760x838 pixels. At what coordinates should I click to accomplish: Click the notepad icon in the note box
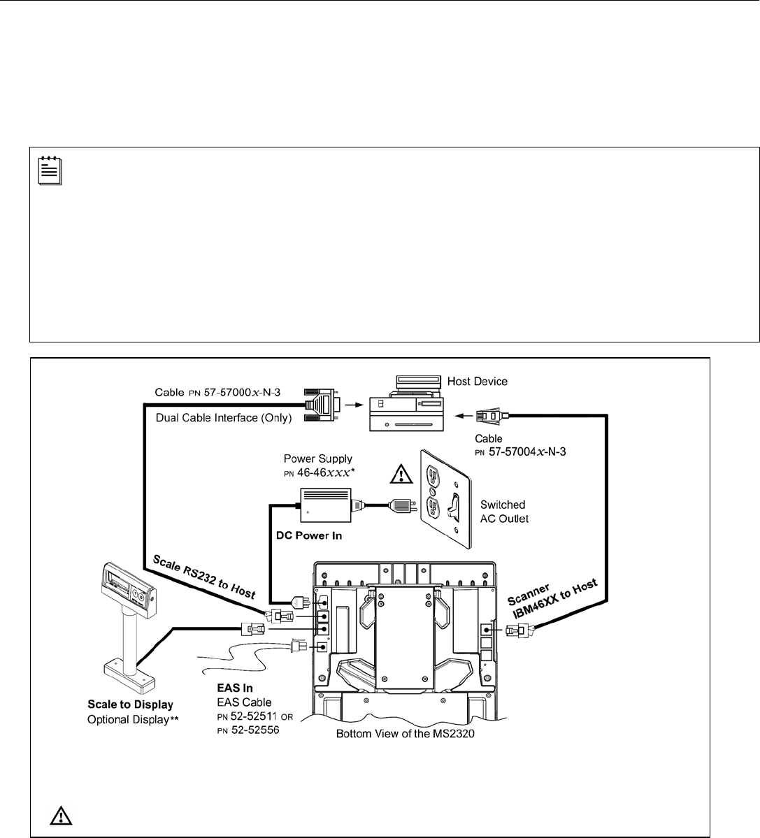coord(50,171)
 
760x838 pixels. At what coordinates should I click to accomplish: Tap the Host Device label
coord(478,382)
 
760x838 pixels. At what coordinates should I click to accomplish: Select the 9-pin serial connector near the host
coord(322,405)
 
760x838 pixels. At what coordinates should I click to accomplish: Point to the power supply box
coord(324,503)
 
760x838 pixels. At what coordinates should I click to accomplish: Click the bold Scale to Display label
coord(130,705)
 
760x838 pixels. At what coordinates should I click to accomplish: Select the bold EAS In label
coord(234,688)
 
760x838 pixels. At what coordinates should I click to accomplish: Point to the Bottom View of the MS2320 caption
coord(406,735)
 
